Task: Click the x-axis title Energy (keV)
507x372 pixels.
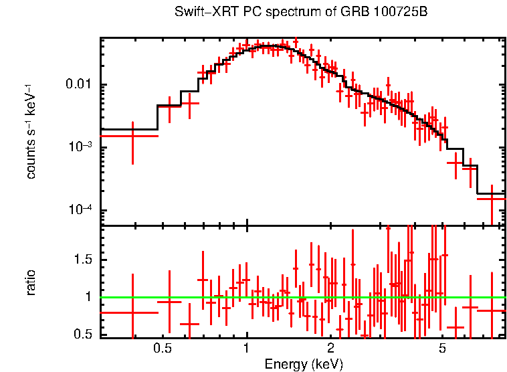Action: click(303, 365)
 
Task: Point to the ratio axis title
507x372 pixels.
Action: click(31, 282)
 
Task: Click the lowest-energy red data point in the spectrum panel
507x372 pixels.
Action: click(132, 136)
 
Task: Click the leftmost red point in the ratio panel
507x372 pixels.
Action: click(132, 312)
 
